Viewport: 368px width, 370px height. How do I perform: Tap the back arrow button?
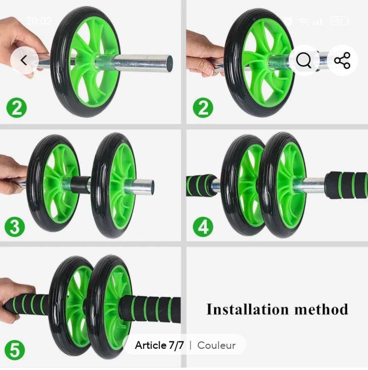pos(24,61)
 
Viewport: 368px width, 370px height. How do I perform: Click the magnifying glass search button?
pos(304,61)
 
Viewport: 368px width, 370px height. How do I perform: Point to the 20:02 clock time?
pos(39,21)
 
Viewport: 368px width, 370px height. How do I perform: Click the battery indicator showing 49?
pos(339,21)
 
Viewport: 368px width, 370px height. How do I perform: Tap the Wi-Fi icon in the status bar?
pos(303,21)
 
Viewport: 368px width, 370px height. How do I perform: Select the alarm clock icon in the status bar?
pos(288,21)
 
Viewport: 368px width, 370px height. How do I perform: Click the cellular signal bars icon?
pos(318,21)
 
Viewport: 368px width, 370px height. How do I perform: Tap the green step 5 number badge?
pos(15,350)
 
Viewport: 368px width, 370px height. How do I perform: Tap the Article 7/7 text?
pos(159,345)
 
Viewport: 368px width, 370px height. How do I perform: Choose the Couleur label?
pos(216,345)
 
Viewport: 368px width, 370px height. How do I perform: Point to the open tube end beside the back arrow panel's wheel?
pos(168,63)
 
